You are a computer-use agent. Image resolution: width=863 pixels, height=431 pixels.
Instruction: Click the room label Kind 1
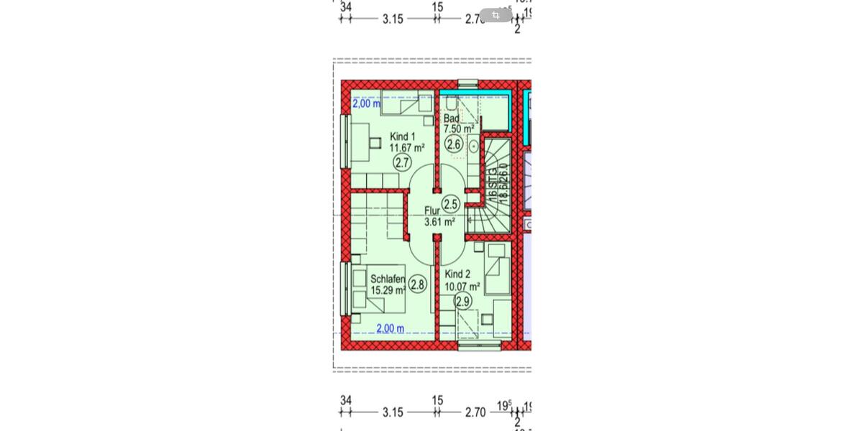[x=402, y=136]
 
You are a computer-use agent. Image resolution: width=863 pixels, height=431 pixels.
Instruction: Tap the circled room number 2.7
[x=402, y=163]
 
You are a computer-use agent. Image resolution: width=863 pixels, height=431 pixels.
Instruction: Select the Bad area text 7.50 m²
[x=458, y=129]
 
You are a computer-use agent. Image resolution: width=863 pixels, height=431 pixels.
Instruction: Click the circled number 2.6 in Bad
[x=453, y=144]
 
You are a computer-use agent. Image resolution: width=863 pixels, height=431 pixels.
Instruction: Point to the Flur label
[x=431, y=210]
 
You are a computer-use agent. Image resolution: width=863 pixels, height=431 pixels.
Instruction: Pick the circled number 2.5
[x=450, y=205]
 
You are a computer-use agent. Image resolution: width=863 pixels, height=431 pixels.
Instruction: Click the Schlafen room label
[x=388, y=279]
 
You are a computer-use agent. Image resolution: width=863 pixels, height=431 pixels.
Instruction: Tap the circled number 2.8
[x=417, y=284]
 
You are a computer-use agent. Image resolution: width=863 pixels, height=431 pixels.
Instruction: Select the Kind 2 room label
[x=457, y=274]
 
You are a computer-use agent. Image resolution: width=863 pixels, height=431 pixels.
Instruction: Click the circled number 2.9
[x=462, y=302]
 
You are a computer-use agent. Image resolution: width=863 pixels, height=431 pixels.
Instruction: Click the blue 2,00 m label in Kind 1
[x=366, y=103]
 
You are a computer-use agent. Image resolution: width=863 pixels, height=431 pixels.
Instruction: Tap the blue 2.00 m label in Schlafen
[x=390, y=329]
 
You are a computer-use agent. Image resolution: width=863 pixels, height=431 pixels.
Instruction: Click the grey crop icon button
[x=496, y=15]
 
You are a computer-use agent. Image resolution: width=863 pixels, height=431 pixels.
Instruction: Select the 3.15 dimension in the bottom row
[x=393, y=412]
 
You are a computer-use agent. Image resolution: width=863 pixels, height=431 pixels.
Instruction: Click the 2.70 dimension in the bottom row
[x=475, y=412]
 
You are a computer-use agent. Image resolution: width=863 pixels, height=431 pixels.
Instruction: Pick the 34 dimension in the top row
[x=346, y=6]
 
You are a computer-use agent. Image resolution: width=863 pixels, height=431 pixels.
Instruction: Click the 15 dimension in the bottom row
[x=437, y=400]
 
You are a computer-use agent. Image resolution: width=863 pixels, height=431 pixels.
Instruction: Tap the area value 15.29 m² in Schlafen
[x=388, y=291]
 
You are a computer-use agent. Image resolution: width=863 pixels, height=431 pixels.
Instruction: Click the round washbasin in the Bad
[x=473, y=147]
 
